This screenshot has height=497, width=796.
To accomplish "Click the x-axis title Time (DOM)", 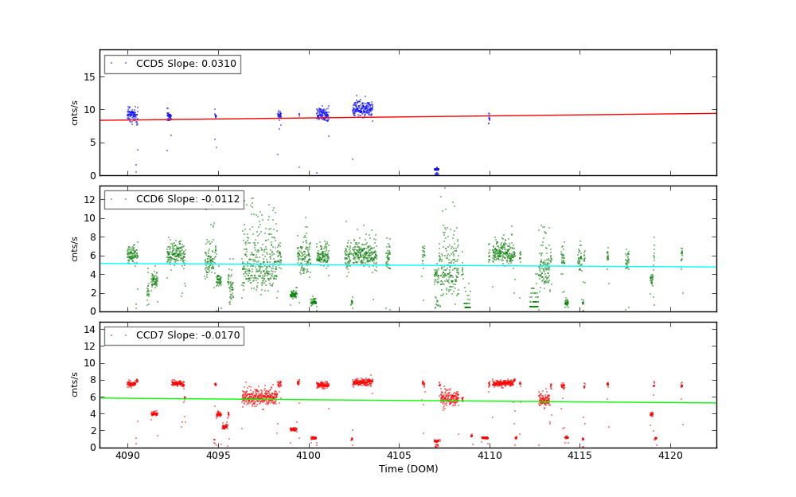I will (408, 469).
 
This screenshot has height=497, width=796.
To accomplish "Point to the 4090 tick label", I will (127, 456).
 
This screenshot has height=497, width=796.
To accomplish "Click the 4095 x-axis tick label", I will (218, 456).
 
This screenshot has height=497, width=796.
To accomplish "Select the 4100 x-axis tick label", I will (308, 456).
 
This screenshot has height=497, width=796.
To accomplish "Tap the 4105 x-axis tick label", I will (399, 456).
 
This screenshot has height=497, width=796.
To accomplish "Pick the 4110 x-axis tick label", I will (490, 456).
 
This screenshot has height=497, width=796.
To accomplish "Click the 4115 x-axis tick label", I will (579, 456).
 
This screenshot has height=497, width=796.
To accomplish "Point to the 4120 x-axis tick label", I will (670, 456).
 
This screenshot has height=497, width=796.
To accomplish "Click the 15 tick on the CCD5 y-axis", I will (90, 77).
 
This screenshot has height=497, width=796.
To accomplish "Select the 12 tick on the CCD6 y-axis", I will (90, 199).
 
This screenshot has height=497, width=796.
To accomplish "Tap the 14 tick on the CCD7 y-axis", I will (90, 330).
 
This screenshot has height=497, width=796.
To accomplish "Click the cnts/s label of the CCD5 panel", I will (75, 112).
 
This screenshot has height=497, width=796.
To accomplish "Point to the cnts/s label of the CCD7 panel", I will (75, 385).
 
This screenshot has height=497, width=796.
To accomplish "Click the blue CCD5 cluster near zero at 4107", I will (436, 170).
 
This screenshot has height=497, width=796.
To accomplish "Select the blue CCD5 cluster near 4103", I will (363, 108).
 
